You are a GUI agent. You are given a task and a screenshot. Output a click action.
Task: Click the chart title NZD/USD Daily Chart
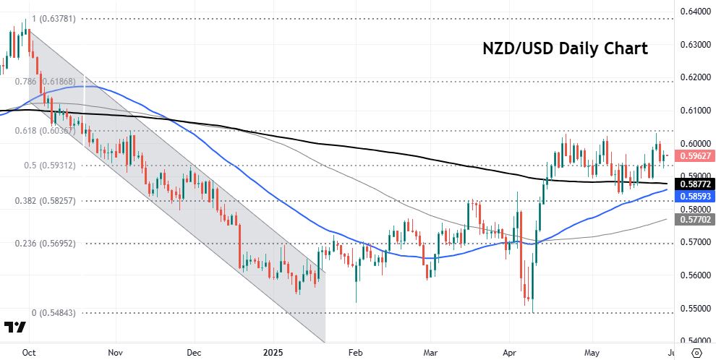(566, 49)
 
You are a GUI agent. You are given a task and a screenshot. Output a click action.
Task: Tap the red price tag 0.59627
(694, 155)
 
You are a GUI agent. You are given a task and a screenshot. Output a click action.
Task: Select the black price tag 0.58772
(694, 184)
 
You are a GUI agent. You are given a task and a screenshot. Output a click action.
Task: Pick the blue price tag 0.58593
(694, 195)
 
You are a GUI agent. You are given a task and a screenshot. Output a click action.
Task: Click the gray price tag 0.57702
(694, 219)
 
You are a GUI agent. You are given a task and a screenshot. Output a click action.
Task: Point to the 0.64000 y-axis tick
(694, 12)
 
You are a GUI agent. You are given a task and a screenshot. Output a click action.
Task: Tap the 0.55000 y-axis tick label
(694, 308)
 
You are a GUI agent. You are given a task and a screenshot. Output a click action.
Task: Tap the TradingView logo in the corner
(15, 327)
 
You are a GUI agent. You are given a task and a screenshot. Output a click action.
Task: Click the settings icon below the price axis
(696, 352)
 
